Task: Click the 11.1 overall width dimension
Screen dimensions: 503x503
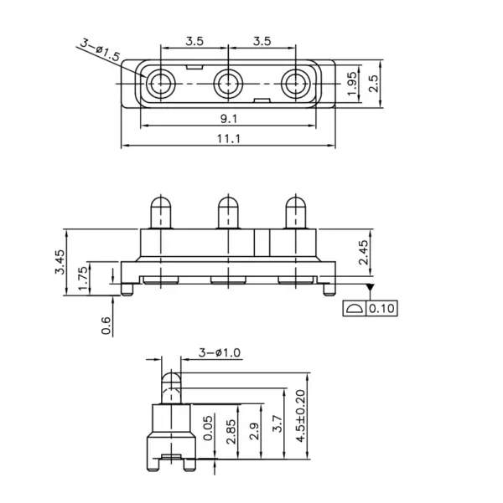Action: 229,139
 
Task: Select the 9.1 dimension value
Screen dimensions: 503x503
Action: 229,119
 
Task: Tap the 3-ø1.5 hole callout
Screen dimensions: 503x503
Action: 100,49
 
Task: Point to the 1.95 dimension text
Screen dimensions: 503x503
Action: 352,84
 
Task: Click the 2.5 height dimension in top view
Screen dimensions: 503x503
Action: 373,84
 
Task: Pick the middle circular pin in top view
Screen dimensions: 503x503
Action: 228,84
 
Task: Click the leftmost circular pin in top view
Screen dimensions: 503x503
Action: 160,84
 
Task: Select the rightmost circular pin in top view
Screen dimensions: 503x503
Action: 295,84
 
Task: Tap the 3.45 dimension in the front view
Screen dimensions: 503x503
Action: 60,262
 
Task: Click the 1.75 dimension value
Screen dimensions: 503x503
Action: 83,278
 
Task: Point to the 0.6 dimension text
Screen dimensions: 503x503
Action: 106,326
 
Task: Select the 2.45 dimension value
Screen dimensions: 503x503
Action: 364,252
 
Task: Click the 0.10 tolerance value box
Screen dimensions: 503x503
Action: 381,308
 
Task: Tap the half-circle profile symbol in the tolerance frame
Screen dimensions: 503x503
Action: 355,308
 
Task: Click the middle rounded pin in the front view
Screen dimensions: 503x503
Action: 228,213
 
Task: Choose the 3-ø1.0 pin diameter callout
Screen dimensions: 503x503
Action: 219,352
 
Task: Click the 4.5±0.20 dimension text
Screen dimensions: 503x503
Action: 300,416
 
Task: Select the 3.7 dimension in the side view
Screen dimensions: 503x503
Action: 277,423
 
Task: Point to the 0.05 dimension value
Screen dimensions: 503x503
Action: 208,428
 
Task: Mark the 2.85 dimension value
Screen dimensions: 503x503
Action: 231,431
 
